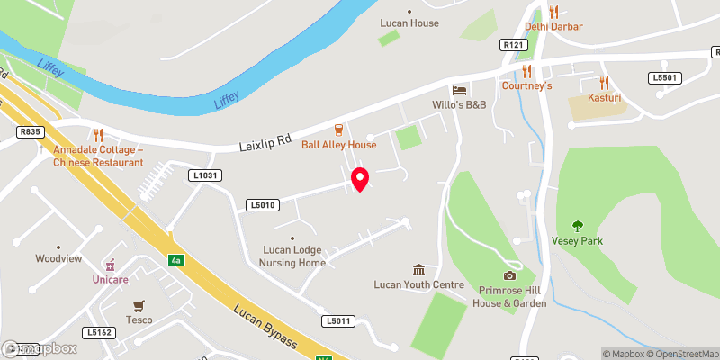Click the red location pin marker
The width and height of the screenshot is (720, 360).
(360, 179)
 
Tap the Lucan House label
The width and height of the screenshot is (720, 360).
(409, 22)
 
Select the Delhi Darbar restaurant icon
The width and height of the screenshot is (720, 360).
(554, 12)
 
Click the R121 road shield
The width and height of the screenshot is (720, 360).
(513, 44)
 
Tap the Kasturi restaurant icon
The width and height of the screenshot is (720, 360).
(605, 82)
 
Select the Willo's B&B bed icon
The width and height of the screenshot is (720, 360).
(460, 91)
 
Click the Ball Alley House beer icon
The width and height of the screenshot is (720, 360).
(338, 130)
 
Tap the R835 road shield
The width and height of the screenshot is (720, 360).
(30, 131)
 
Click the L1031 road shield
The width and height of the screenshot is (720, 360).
(205, 175)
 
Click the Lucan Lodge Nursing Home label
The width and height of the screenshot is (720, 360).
(292, 256)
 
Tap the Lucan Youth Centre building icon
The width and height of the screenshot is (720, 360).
(418, 270)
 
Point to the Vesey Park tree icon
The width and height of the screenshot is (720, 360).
(577, 226)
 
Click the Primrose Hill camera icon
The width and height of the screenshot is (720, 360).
(509, 275)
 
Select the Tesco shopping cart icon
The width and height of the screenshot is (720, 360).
(139, 305)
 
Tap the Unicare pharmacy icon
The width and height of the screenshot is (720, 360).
(111, 265)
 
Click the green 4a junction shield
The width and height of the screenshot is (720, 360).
(175, 261)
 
